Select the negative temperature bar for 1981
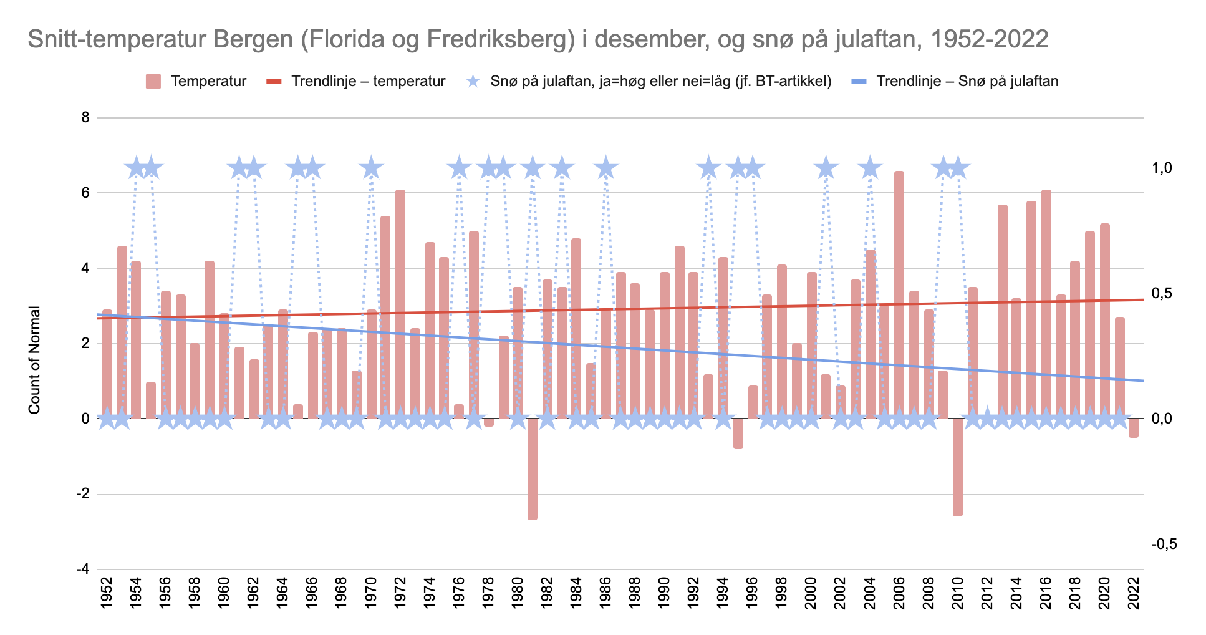coord(532,468)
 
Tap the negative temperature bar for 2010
coord(957,467)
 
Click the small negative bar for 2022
coord(1133,428)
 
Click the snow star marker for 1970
coord(371,168)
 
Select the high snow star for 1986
coord(605,168)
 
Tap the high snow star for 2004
coord(869,168)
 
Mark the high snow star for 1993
coord(708,168)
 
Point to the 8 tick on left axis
coord(85,117)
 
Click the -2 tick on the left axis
coord(82,494)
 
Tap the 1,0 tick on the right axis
coord(1162,168)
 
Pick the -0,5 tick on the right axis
coord(1164,544)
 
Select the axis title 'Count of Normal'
coord(34,359)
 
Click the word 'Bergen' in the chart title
coord(253,39)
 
